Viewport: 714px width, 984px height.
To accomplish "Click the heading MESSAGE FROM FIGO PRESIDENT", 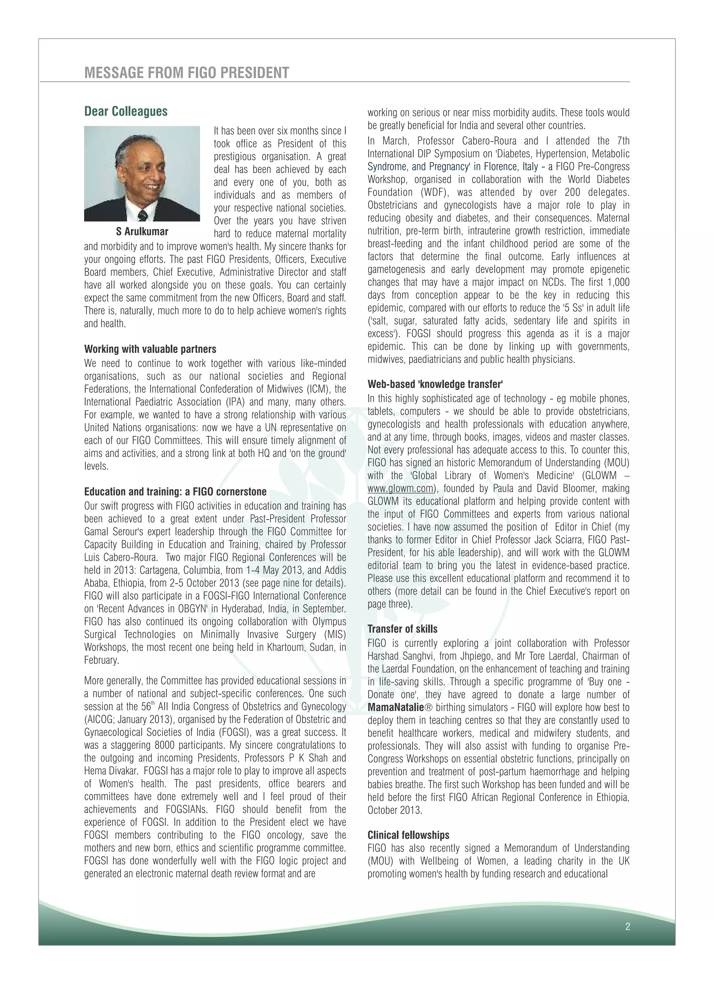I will coord(187,73).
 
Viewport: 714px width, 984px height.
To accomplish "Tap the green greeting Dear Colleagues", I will coord(126,111).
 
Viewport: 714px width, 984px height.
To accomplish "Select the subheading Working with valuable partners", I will coord(150,349).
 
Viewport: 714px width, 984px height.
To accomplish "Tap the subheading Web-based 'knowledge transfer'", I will coord(435,384).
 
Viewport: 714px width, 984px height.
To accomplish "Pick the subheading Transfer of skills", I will coord(402,629).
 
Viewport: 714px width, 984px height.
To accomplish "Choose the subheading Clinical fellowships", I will coord(408,835).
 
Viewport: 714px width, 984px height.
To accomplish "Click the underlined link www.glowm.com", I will coord(400,489).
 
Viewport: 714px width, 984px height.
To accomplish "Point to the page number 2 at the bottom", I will coord(628,927).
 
